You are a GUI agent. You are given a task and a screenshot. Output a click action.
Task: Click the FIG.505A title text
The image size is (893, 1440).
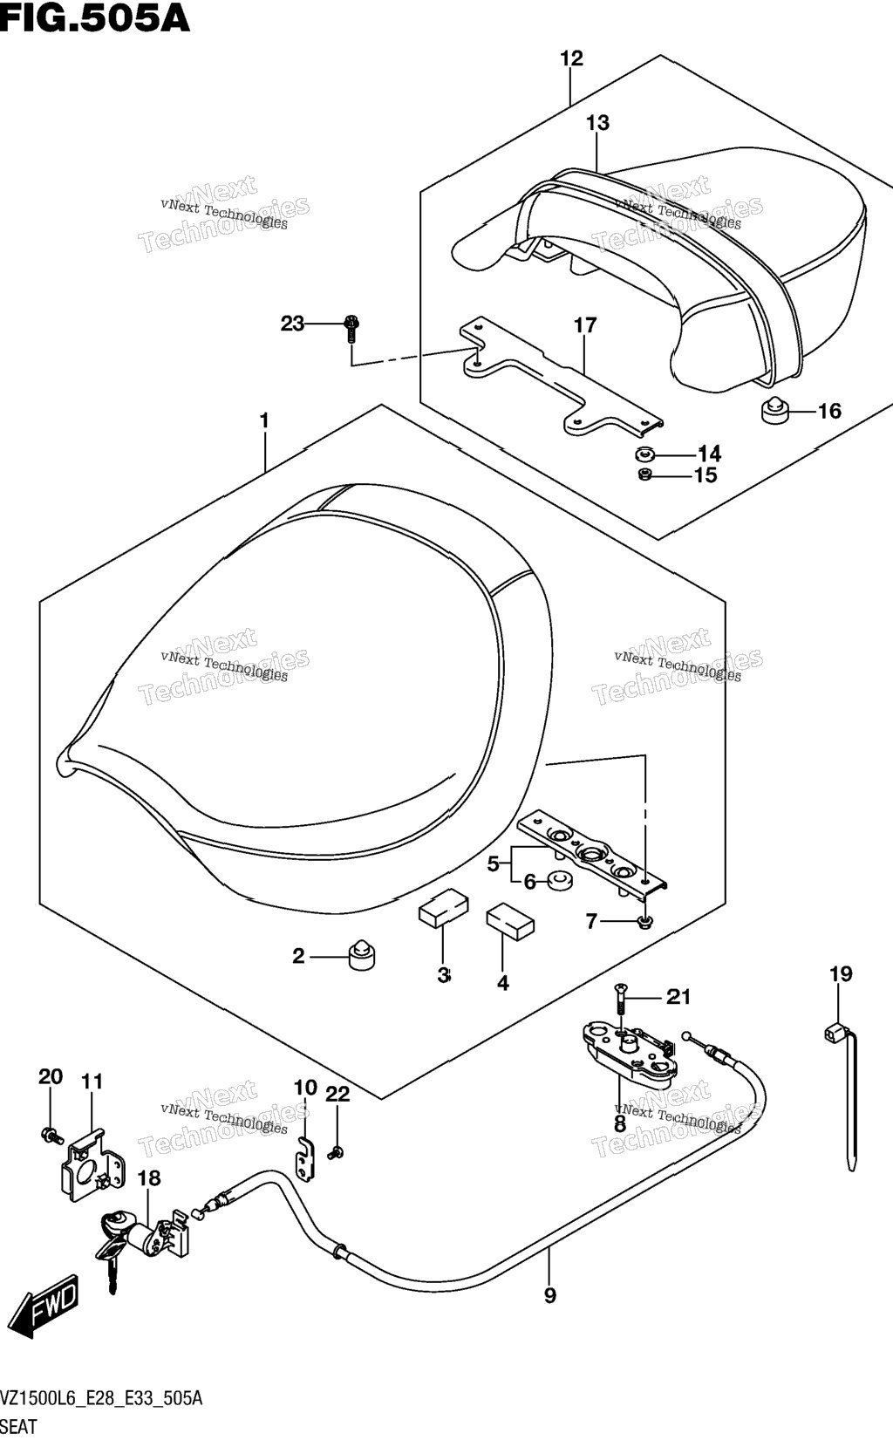pos(95,18)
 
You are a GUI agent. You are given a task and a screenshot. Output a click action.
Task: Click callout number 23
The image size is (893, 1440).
pos(292,324)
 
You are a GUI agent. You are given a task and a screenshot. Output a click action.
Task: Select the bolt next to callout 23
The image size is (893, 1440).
pos(351,329)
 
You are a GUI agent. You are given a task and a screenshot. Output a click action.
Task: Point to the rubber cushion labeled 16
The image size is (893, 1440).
pos(776,410)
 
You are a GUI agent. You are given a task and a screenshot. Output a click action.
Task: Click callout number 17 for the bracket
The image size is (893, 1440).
pos(585,325)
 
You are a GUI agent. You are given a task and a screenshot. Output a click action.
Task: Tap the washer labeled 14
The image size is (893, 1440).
pos(644,454)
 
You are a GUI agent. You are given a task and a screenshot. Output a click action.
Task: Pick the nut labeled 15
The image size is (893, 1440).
pos(644,475)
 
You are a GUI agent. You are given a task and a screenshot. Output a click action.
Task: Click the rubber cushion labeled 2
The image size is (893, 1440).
pos(362,957)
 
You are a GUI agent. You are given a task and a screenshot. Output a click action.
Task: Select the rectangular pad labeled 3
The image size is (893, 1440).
pos(444,908)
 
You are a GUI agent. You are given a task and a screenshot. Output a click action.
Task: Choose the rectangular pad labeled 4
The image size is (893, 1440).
pos(510,919)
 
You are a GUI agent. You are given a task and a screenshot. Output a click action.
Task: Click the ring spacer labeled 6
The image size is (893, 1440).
pos(559,881)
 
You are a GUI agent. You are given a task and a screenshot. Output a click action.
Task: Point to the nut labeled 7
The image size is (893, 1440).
pos(645,922)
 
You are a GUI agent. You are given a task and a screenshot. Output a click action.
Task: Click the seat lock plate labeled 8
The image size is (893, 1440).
pos(630,1054)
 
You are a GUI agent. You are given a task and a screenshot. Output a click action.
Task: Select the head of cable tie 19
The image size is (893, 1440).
pos(833,1034)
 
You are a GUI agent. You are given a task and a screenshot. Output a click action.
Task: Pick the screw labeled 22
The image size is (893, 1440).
pos(335,1153)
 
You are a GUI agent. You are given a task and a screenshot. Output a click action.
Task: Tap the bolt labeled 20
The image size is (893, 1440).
pos(51,1136)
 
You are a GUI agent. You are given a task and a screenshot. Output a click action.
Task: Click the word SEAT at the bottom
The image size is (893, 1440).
pos(18,1426)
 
